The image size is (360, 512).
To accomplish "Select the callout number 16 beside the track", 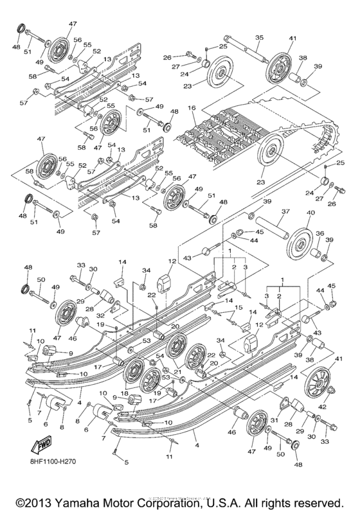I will (x=191, y=109).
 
